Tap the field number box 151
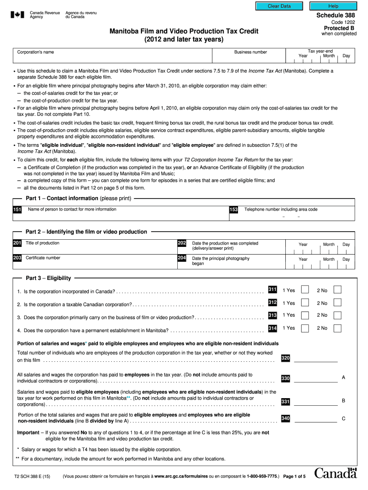pyautogui.click(x=17, y=210)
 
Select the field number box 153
pyautogui.click(x=234, y=210)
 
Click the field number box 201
pyautogui.click(x=17, y=244)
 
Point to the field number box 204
pyautogui.click(x=182, y=258)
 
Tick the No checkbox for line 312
pyautogui.click(x=337, y=302)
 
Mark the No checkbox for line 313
pyautogui.click(x=337, y=315)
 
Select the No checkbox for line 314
pyautogui.click(x=337, y=328)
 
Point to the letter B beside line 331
pyautogui.click(x=343, y=401)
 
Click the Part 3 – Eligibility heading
pyautogui.click(x=48, y=278)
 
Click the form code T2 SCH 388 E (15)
pyautogui.click(x=32, y=477)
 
